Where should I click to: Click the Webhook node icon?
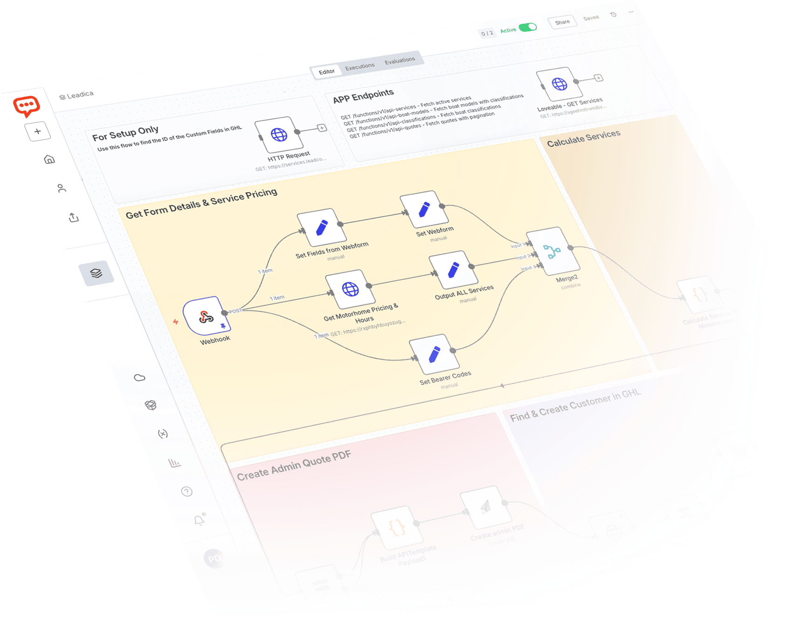pyautogui.click(x=204, y=316)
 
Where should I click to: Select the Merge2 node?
pyautogui.click(x=553, y=251)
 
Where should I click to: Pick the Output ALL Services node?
pyautogui.click(x=453, y=270)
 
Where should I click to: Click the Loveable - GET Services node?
pyautogui.click(x=559, y=84)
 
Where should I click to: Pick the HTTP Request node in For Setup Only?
pyautogui.click(x=279, y=135)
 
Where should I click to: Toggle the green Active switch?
pyautogui.click(x=528, y=27)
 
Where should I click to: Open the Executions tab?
pyautogui.click(x=360, y=67)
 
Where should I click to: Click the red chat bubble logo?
pyautogui.click(x=26, y=106)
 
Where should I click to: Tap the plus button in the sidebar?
pyautogui.click(x=38, y=131)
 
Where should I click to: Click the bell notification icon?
pyautogui.click(x=199, y=520)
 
